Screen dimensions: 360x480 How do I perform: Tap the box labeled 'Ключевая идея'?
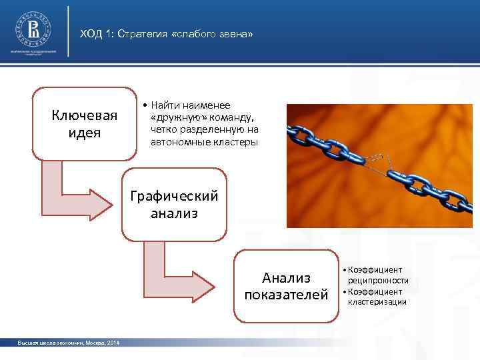85,123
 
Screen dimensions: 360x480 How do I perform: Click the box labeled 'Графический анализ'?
174,205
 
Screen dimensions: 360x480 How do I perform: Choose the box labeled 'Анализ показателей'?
286,286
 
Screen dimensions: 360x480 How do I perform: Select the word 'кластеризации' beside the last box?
377,302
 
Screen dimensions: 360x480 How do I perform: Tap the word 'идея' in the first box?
85,132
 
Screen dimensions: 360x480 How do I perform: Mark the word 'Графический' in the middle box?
174,197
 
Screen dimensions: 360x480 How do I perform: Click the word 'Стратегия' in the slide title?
143,33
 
